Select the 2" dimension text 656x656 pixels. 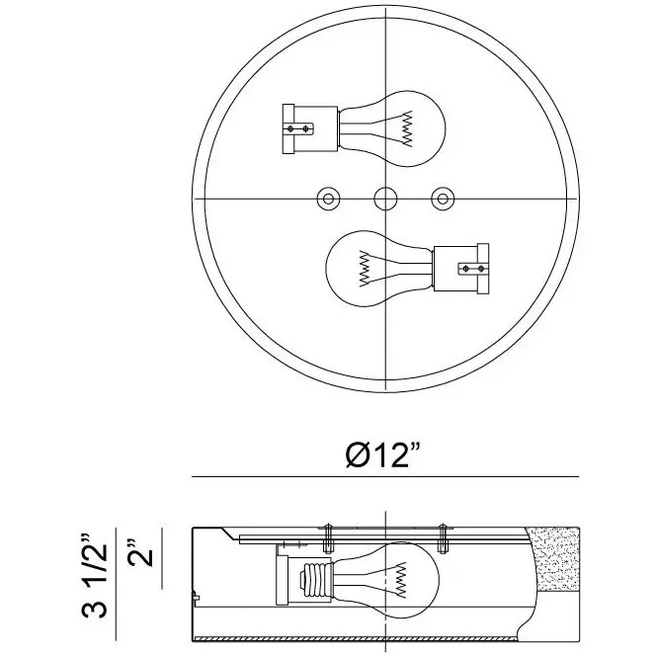click(x=140, y=552)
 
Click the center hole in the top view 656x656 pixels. click(x=385, y=199)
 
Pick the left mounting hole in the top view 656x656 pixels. click(x=328, y=199)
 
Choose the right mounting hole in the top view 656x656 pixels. click(x=443, y=199)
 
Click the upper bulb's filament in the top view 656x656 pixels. click(x=407, y=128)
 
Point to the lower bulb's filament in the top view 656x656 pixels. click(x=365, y=268)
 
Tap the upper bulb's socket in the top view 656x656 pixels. click(x=310, y=128)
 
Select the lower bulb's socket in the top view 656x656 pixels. click(x=461, y=268)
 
